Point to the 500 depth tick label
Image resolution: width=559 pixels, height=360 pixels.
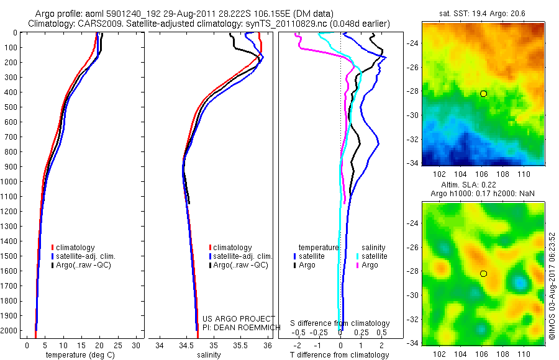(11, 107)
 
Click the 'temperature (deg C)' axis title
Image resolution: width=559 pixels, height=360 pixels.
(78, 355)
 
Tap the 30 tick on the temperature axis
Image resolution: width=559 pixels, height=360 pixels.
(137, 344)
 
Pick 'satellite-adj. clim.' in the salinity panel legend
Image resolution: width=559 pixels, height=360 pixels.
(243, 256)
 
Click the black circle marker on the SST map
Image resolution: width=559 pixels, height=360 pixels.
(483, 93)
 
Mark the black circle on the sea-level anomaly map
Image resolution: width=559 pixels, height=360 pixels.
(483, 273)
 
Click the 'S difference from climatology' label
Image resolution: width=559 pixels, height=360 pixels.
(340, 323)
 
